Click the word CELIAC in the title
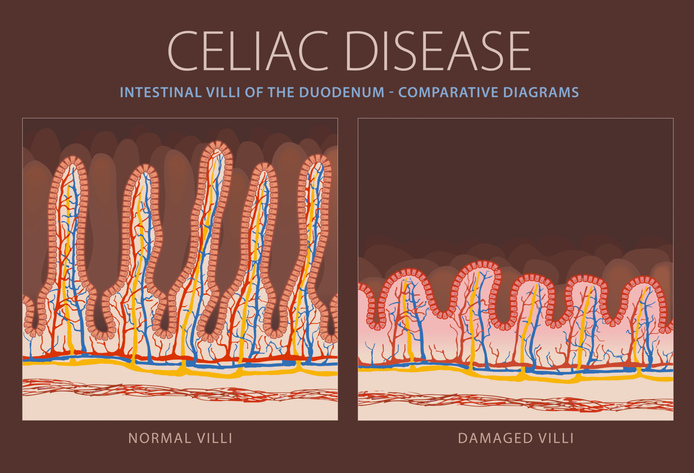248,50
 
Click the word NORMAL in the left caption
155,438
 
